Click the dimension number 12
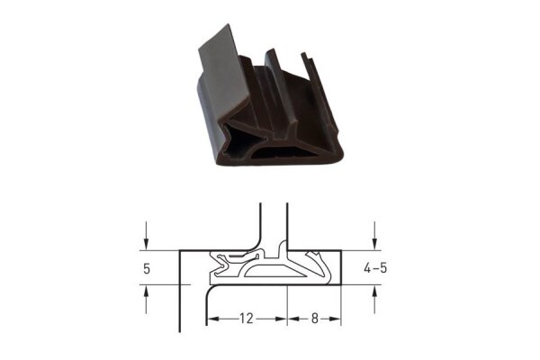[247, 319]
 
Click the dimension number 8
[314, 319]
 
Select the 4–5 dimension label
[375, 267]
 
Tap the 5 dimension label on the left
[147, 268]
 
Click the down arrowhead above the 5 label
[147, 244]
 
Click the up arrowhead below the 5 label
[147, 292]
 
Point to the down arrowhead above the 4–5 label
[374, 244]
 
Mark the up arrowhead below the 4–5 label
[374, 292]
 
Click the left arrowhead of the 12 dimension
[213, 319]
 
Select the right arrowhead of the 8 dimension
[335, 319]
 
